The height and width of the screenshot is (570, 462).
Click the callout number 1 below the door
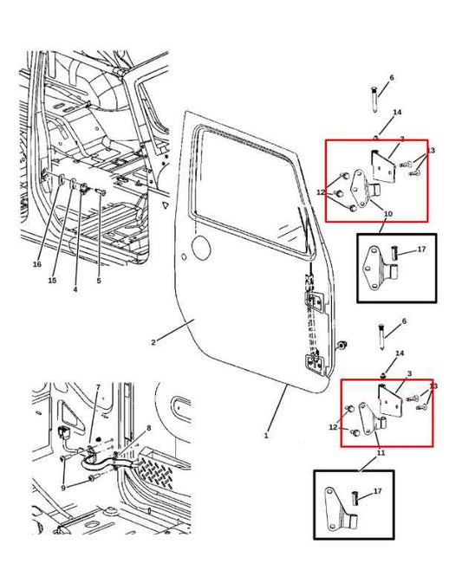[x=266, y=435]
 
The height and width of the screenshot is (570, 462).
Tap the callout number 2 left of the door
[x=153, y=342]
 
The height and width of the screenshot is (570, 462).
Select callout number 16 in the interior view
[x=37, y=264]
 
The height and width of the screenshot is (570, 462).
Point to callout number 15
[x=52, y=281]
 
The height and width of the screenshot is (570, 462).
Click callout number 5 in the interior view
[x=99, y=281]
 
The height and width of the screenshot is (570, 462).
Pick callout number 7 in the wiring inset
[x=98, y=386]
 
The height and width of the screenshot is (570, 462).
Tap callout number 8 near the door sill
[x=148, y=428]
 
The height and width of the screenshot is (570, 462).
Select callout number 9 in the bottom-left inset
[x=62, y=489]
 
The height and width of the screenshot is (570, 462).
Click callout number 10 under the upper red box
[x=387, y=213]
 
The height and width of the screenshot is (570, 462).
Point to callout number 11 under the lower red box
[x=380, y=453]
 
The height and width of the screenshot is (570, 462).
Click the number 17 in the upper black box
[x=421, y=250]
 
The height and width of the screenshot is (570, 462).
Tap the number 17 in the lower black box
[x=376, y=491]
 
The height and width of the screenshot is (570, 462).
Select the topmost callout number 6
[x=391, y=78]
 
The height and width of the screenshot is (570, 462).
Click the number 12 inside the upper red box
[x=320, y=192]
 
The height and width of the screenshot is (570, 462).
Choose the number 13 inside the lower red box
[x=433, y=386]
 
